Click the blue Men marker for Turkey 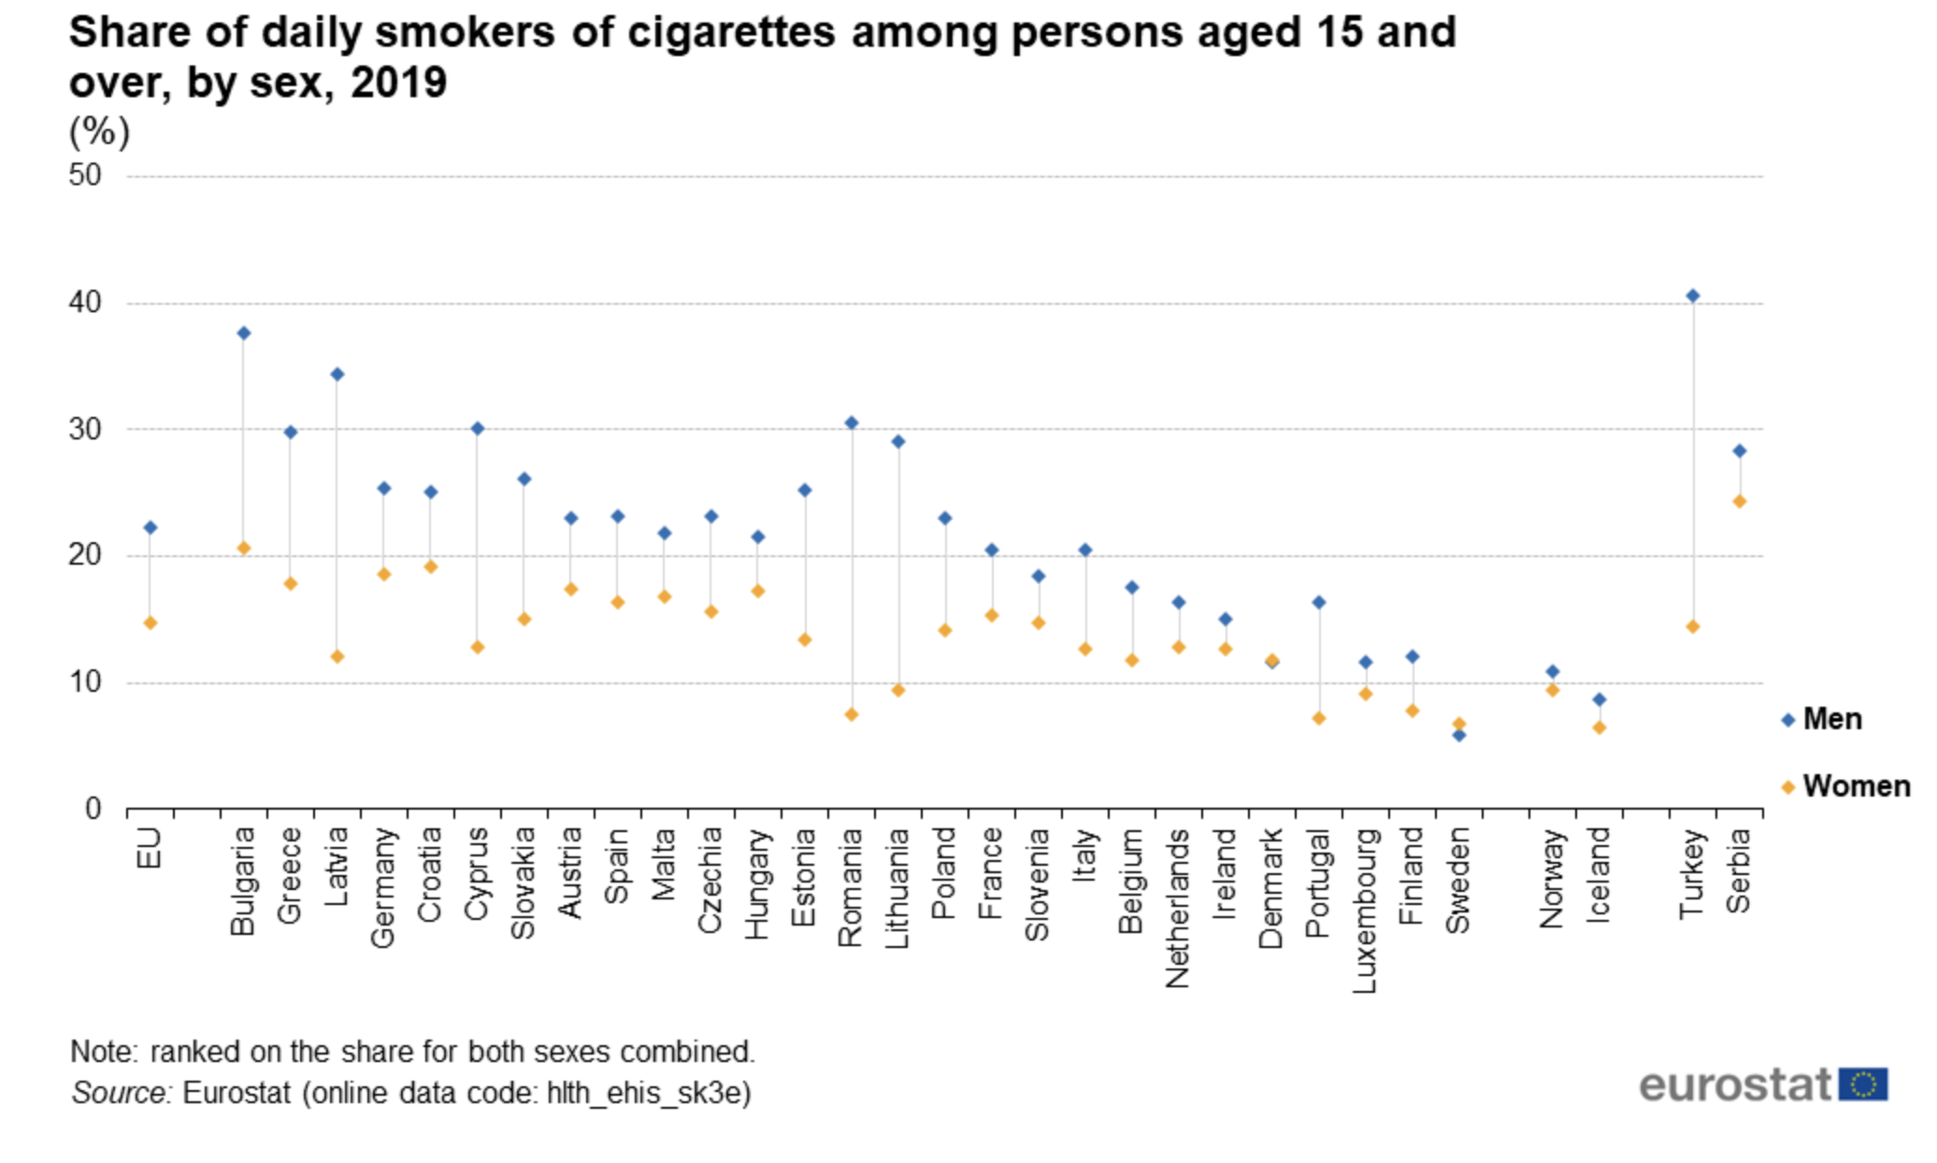tap(1692, 296)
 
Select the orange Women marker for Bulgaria tap(243, 548)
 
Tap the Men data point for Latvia tap(337, 375)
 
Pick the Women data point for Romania tap(851, 714)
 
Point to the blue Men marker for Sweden tap(1458, 736)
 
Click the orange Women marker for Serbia tap(1739, 502)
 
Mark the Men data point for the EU tap(150, 528)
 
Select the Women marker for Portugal tap(1318, 718)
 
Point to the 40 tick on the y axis tap(85, 303)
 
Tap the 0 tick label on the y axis tap(93, 809)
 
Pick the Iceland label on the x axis tap(1599, 875)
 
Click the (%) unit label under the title tap(99, 132)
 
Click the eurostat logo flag tap(1862, 1084)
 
